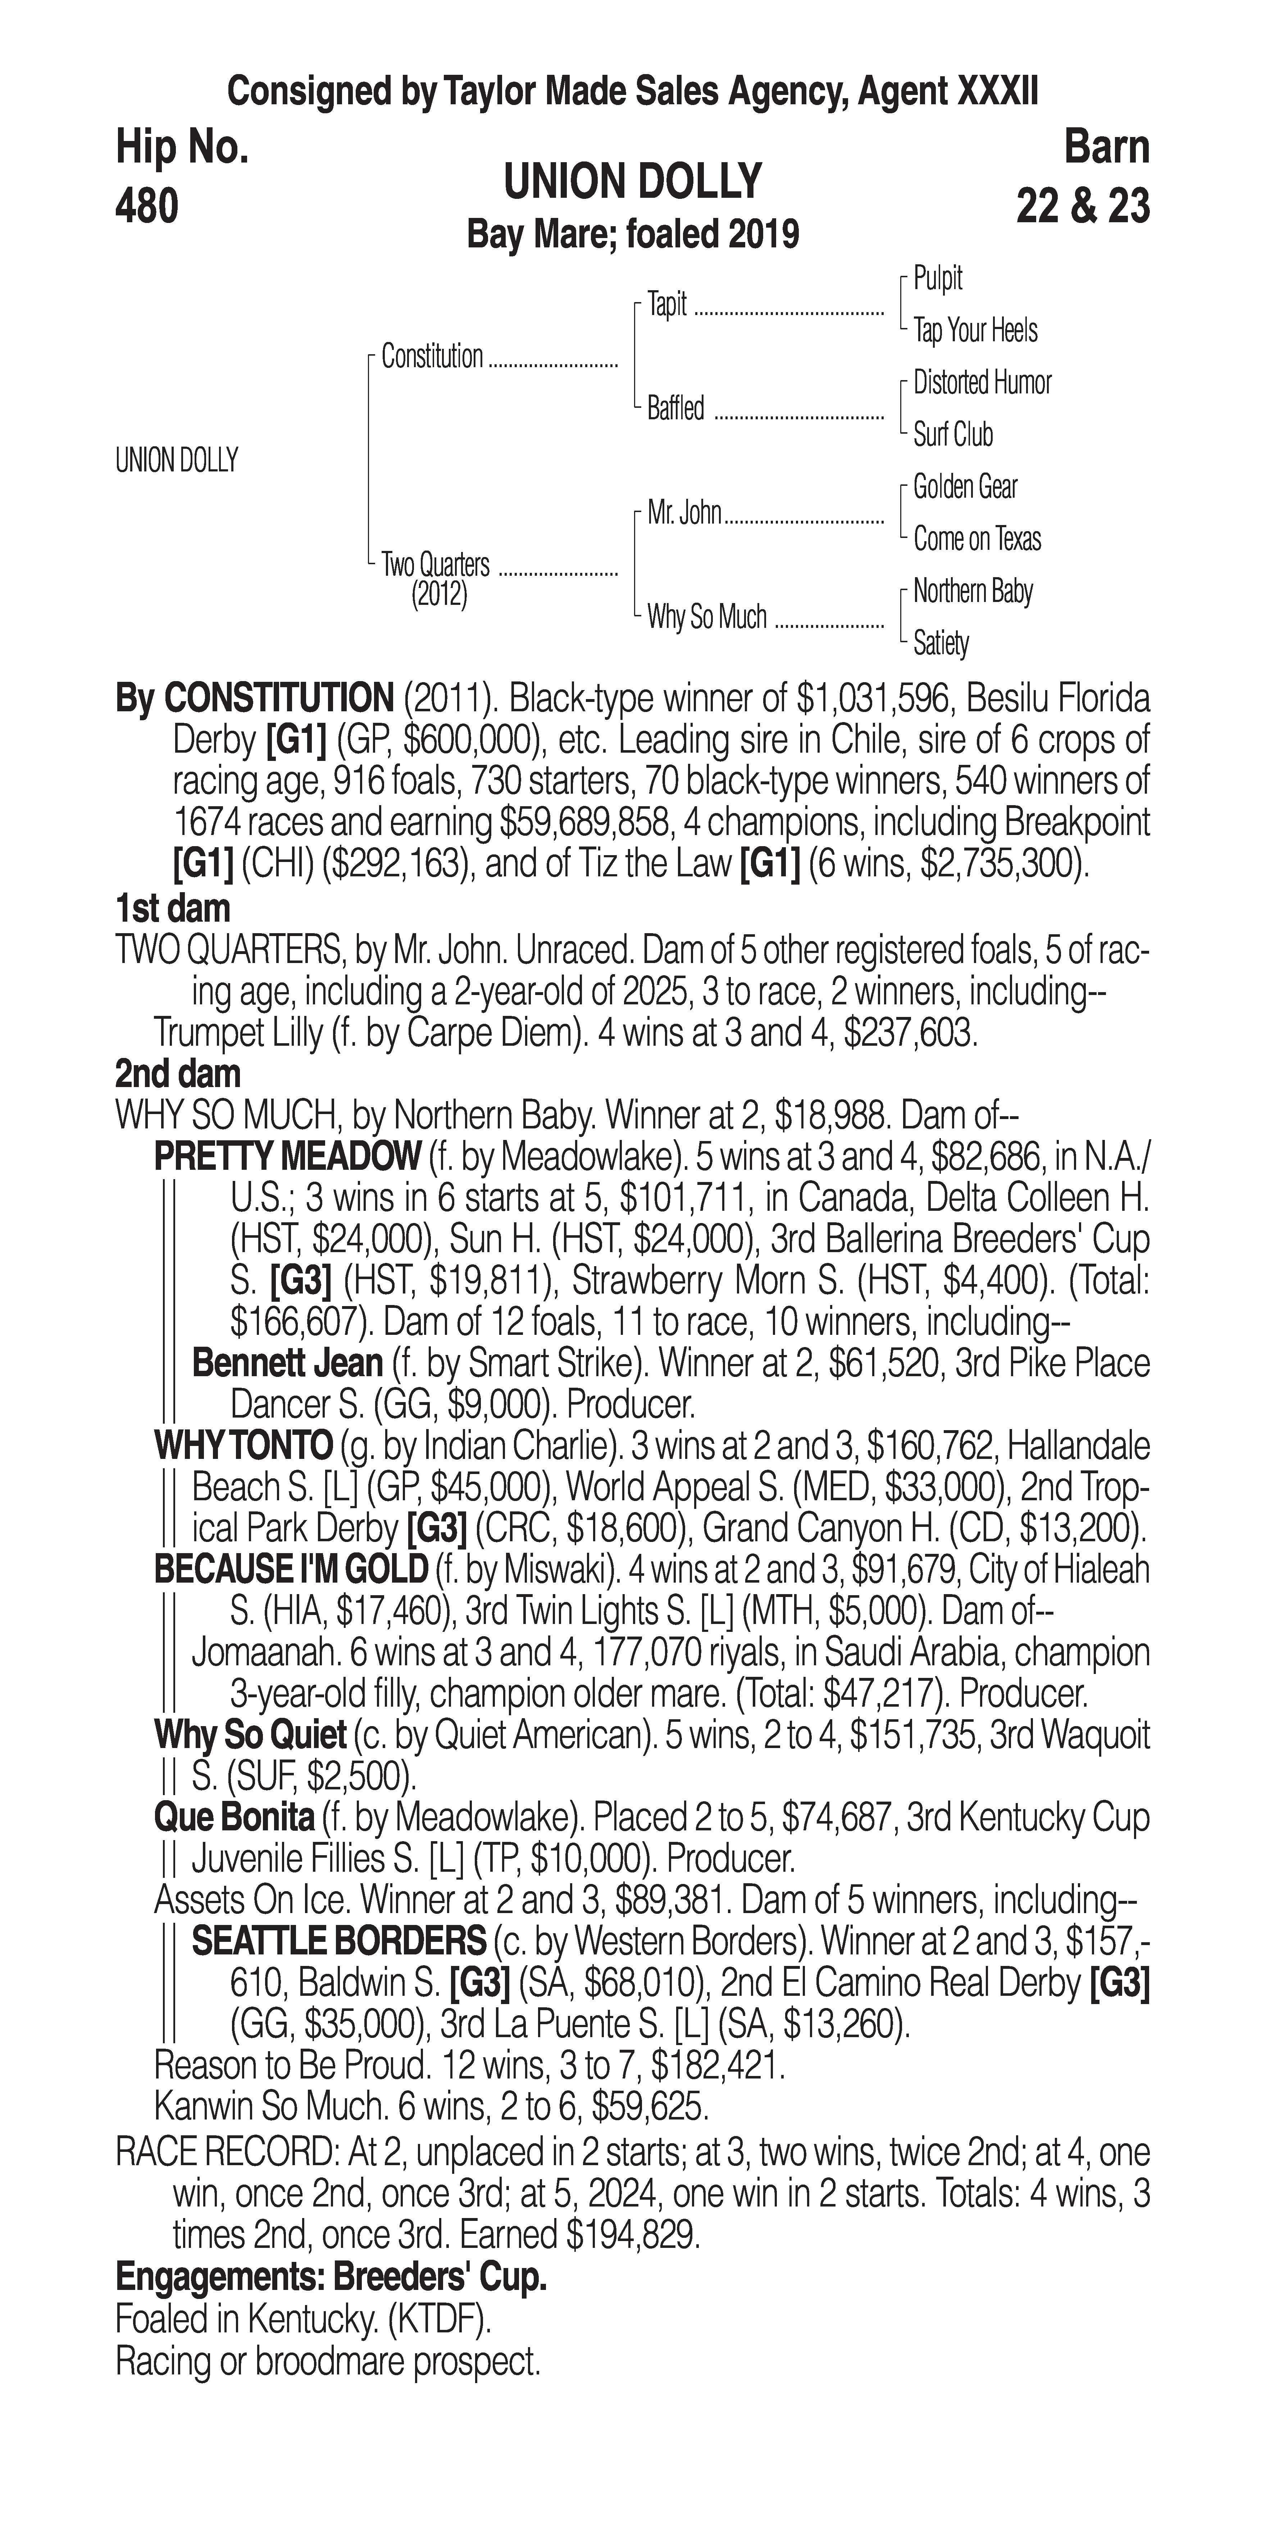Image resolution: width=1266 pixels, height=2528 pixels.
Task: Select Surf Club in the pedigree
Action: tap(953, 435)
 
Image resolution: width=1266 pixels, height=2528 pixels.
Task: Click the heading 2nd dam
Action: tap(178, 1074)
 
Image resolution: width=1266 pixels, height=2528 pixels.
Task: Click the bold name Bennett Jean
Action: tap(288, 1363)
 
